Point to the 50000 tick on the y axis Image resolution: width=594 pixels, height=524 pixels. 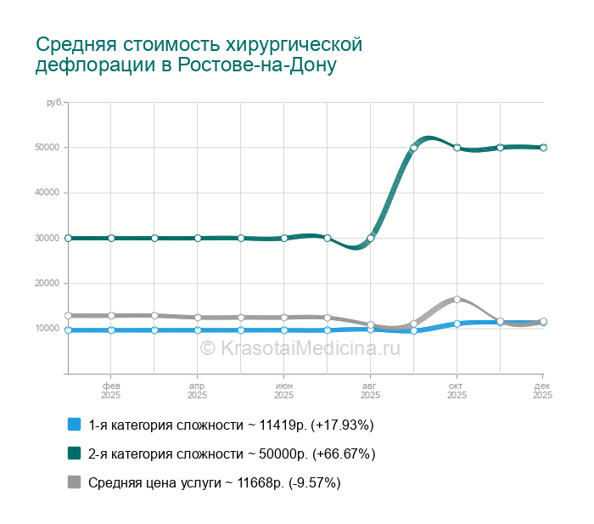tap(46, 148)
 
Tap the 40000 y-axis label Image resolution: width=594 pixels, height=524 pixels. tap(46, 193)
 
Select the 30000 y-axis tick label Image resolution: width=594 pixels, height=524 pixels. tap(46, 238)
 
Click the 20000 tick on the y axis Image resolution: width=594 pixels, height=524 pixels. tap(46, 284)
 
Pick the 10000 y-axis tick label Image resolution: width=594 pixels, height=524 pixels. tap(46, 329)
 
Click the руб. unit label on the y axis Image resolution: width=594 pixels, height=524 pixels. tap(53, 103)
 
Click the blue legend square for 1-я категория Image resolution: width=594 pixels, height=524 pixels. tap(74, 425)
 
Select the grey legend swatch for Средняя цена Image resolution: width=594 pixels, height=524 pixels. tap(74, 482)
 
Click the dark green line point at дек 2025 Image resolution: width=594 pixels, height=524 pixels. tap(543, 148)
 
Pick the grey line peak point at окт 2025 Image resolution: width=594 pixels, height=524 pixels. tap(457, 299)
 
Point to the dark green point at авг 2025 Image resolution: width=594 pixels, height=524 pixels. tap(371, 238)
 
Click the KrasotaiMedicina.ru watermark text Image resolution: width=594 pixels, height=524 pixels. tap(299, 347)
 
